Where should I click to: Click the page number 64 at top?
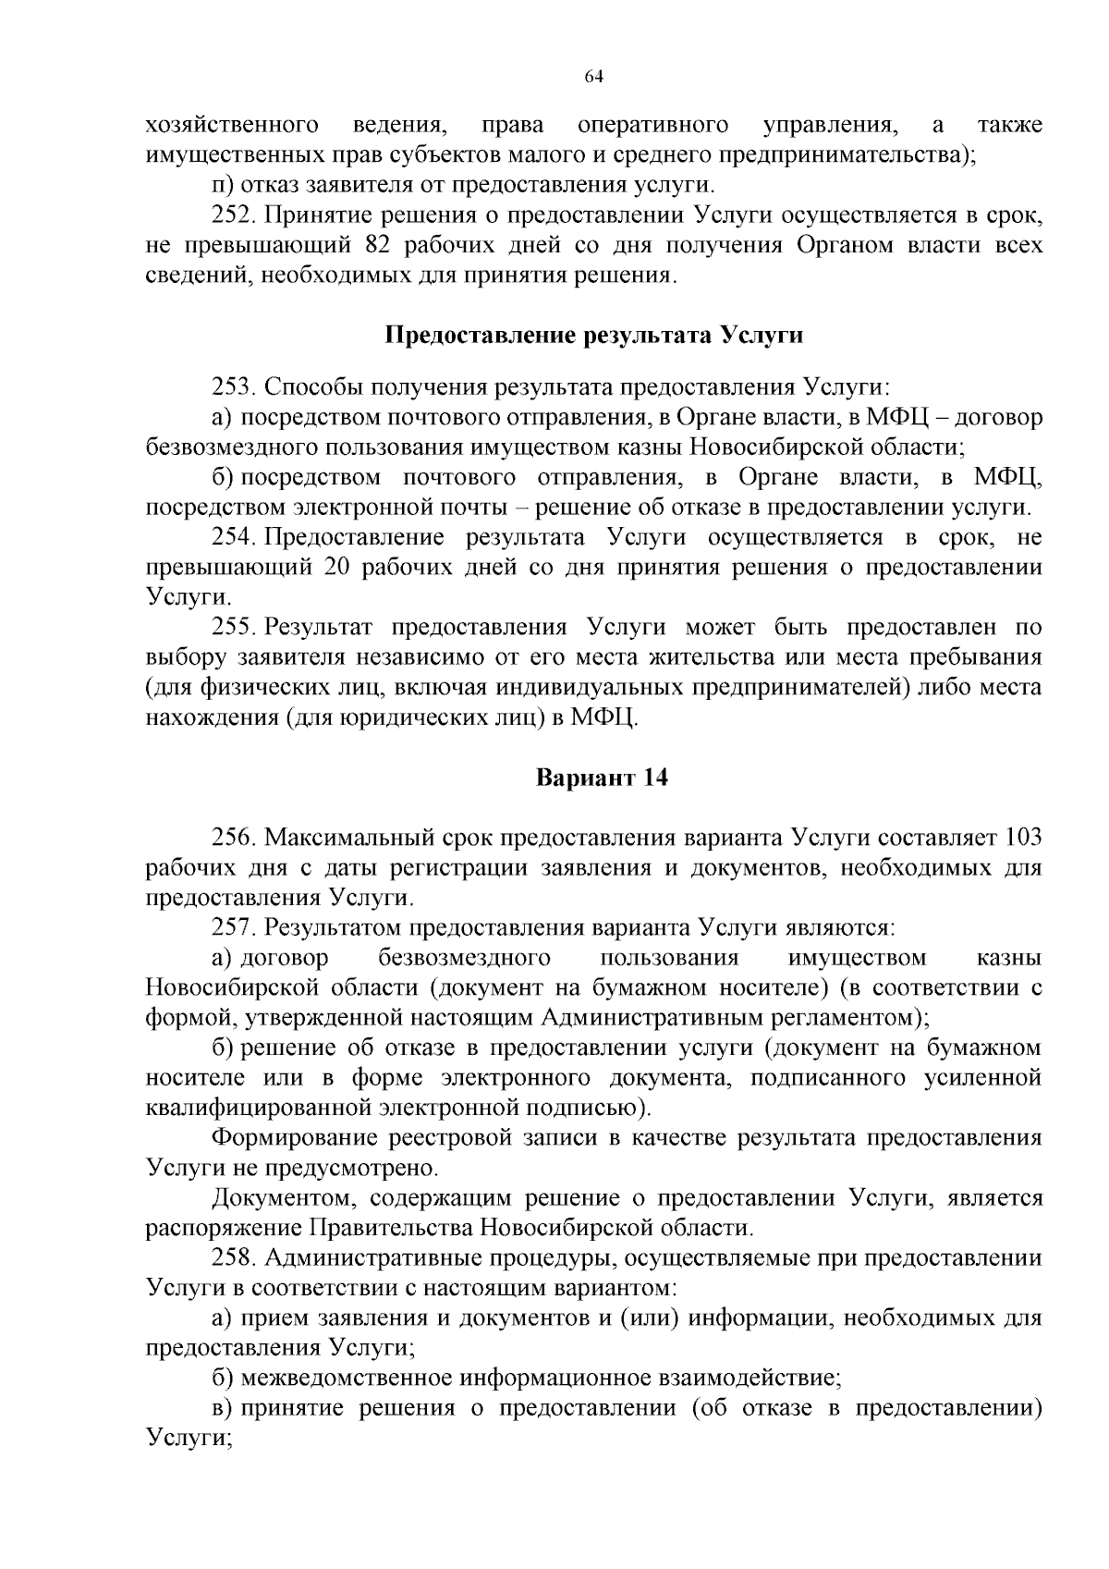(x=594, y=77)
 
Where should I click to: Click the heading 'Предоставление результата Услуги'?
(x=593, y=335)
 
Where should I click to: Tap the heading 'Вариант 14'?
(x=602, y=778)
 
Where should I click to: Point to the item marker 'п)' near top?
(x=223, y=186)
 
